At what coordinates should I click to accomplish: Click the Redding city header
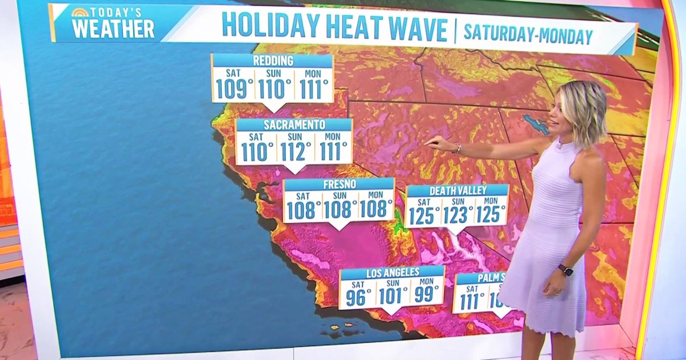pos(272,61)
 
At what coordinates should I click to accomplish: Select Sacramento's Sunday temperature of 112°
pos(294,151)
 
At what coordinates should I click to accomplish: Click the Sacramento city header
pos(294,125)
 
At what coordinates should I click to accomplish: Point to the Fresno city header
pos(339,184)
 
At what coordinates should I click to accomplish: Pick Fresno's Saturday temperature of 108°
pos(303,210)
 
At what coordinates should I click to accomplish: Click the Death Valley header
pos(457,191)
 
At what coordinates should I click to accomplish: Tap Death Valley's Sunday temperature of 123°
pos(457,215)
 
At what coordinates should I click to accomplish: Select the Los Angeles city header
pos(392,272)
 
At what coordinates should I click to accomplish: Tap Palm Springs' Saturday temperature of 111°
pos(471,301)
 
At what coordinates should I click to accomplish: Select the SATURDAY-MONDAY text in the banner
pos(528,35)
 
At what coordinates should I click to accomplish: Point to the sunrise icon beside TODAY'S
pos(79,13)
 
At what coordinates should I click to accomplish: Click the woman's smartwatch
pos(565,270)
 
